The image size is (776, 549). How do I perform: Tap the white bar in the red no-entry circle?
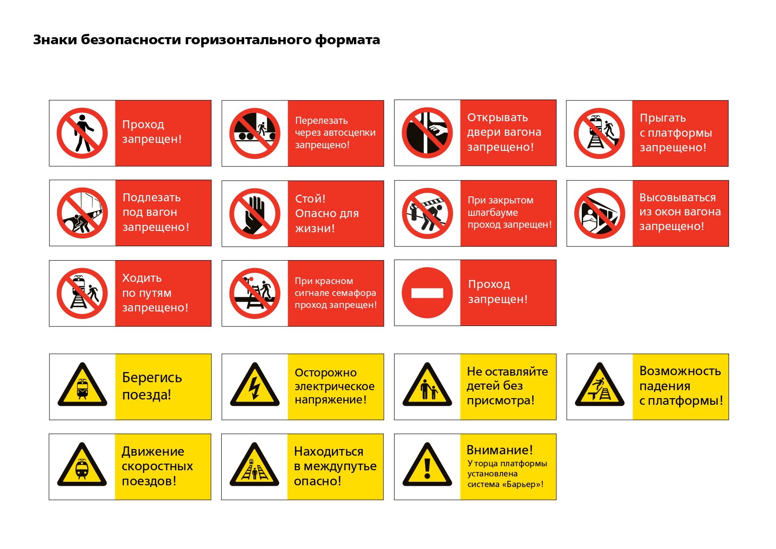(427, 293)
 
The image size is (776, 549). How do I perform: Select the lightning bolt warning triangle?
(255, 384)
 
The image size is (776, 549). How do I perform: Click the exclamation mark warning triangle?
(427, 465)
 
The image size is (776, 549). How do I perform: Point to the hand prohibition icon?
(255, 214)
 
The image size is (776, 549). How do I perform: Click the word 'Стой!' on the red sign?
(310, 199)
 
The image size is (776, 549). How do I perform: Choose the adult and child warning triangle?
(427, 384)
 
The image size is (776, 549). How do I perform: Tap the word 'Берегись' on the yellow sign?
(152, 378)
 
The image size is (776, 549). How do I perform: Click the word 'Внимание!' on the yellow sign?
(499, 450)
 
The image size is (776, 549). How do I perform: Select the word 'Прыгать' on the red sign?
(663, 119)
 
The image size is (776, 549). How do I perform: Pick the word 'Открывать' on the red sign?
(498, 118)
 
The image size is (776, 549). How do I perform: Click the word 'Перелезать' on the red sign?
(322, 121)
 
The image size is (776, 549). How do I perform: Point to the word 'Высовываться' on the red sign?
(677, 197)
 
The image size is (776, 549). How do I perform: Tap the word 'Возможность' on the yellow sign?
(680, 371)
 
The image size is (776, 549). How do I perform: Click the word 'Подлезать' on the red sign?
(151, 198)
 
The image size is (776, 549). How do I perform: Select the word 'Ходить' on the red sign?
(142, 278)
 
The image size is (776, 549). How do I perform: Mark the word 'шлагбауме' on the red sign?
(492, 213)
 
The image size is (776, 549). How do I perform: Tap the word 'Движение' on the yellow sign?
(153, 452)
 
